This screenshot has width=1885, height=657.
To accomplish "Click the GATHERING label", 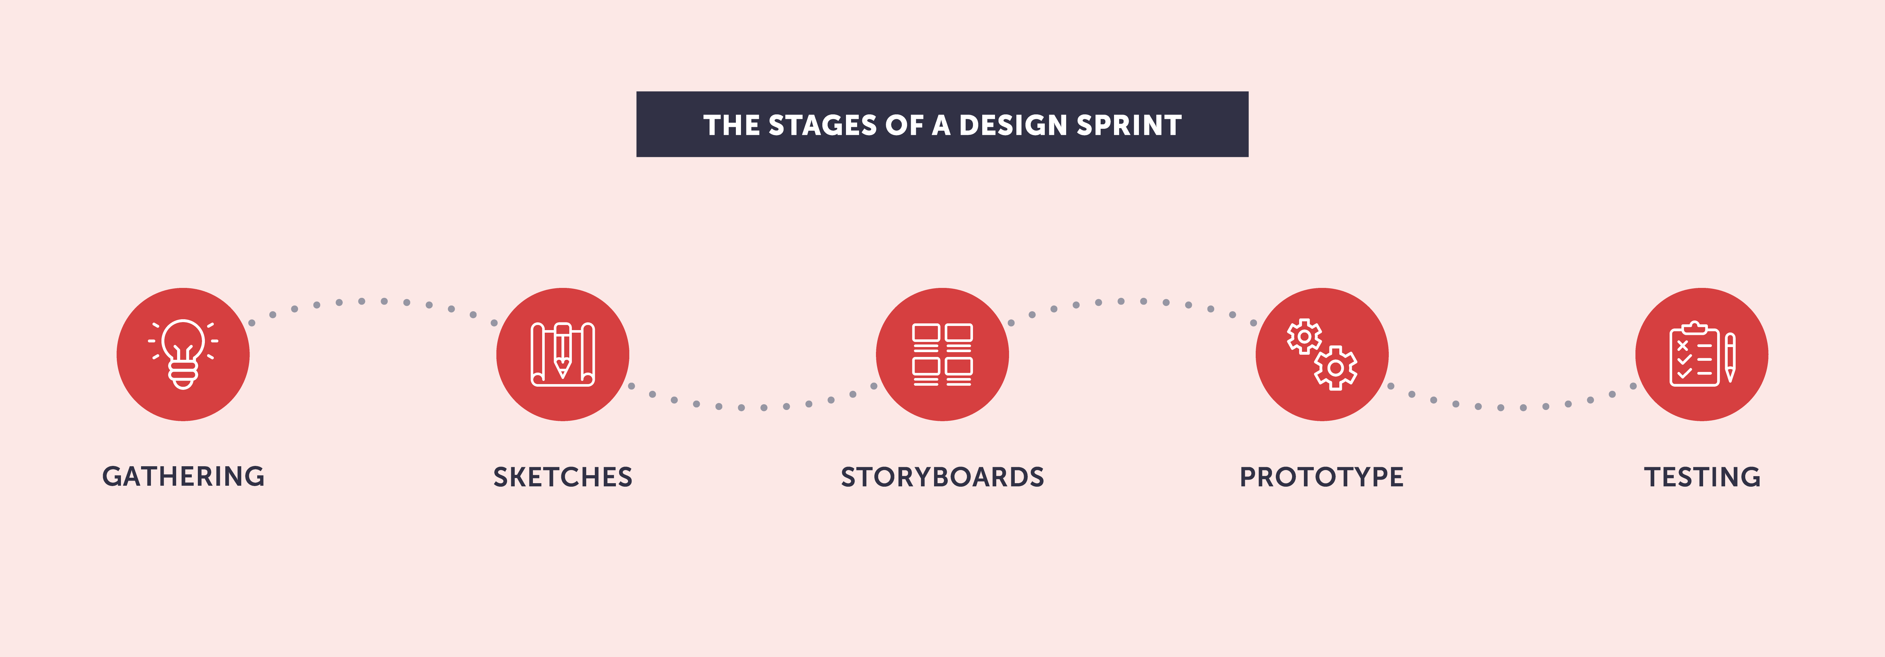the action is [x=183, y=476].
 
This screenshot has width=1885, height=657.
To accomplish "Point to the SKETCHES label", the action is [x=563, y=477].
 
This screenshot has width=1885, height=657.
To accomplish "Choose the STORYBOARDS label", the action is [x=943, y=477].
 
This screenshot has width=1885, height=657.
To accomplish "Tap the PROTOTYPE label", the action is [x=1321, y=477].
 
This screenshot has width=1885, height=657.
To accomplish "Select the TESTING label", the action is [x=1702, y=477].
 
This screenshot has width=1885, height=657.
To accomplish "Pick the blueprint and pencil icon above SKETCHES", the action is [x=563, y=354].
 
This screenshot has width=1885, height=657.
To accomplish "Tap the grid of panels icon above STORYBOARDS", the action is [x=943, y=354].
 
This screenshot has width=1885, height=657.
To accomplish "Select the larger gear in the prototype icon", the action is [x=1335, y=368].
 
